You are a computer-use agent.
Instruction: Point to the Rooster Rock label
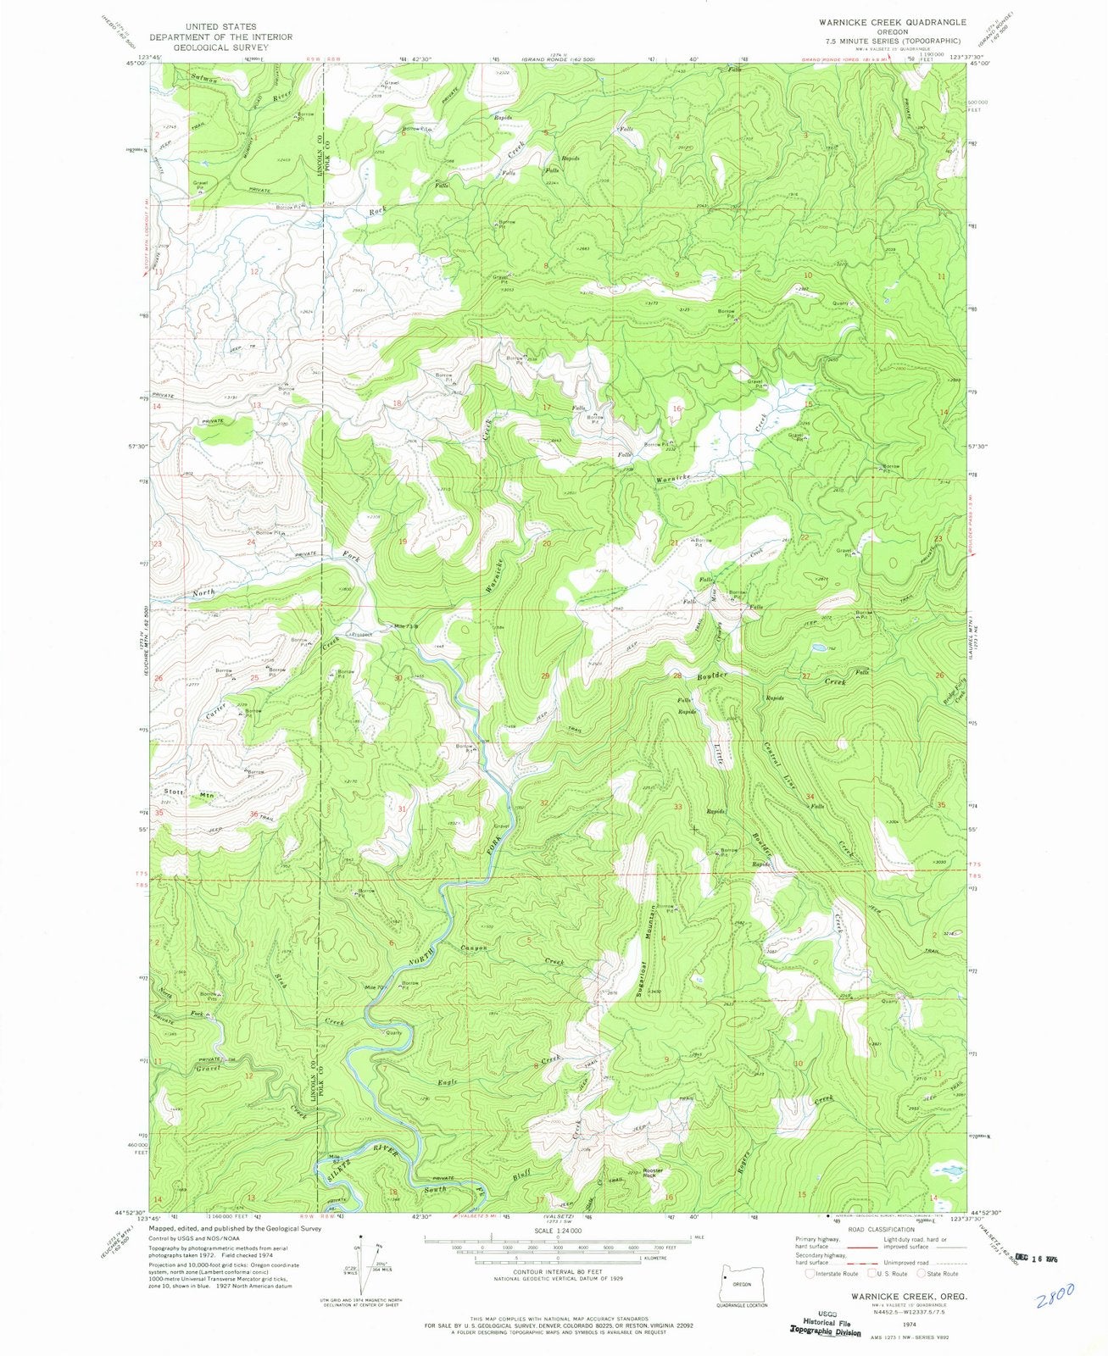point(652,1173)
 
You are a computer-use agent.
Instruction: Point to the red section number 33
point(677,807)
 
